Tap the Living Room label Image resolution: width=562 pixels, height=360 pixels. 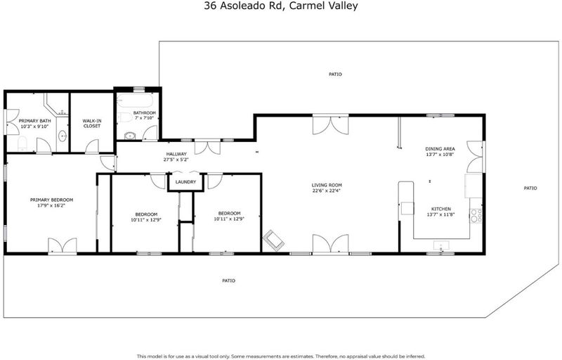tap(327, 186)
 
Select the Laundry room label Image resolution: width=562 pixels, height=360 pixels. tap(185, 182)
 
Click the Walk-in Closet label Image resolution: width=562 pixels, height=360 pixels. tap(92, 123)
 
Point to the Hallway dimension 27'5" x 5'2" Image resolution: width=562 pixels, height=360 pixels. tap(176, 160)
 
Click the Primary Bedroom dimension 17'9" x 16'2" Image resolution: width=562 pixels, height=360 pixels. tap(51, 206)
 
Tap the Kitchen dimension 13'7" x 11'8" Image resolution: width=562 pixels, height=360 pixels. tap(441, 214)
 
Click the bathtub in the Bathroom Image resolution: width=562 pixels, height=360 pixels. tap(136, 101)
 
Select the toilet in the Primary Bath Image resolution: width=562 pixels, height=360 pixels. tap(22, 143)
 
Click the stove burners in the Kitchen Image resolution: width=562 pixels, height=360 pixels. tap(476, 215)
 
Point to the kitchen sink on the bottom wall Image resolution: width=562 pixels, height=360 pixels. tap(441, 246)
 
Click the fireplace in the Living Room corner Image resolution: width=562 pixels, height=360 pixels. tap(274, 240)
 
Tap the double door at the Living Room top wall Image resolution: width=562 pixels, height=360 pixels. tap(330, 124)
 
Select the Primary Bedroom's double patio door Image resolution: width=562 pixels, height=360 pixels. tap(63, 245)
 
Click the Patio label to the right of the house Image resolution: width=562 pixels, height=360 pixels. tap(530, 188)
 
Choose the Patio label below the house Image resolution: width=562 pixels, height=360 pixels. tap(229, 281)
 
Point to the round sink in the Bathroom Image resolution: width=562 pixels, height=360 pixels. tap(129, 136)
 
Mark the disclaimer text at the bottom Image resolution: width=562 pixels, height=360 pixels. tap(281, 356)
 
